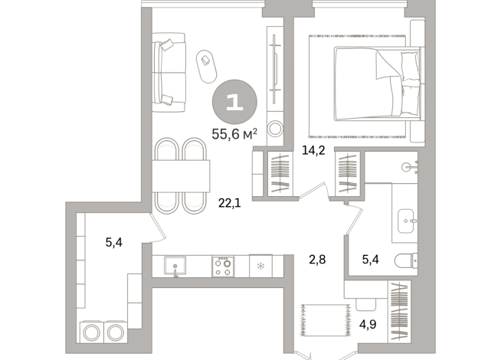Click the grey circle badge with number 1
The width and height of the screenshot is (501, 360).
[x=234, y=103]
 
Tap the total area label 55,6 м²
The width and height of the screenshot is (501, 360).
[x=234, y=134]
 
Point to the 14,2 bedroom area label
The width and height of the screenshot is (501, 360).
[x=315, y=150]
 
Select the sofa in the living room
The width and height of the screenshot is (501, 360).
[x=169, y=71]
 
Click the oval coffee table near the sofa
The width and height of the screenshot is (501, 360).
[x=208, y=67]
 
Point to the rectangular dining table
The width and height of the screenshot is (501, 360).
[x=181, y=177]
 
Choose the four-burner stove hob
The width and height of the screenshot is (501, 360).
[x=224, y=267]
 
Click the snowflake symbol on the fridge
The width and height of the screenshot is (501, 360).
[x=260, y=267]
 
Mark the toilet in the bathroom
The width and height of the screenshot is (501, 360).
[x=405, y=261]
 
